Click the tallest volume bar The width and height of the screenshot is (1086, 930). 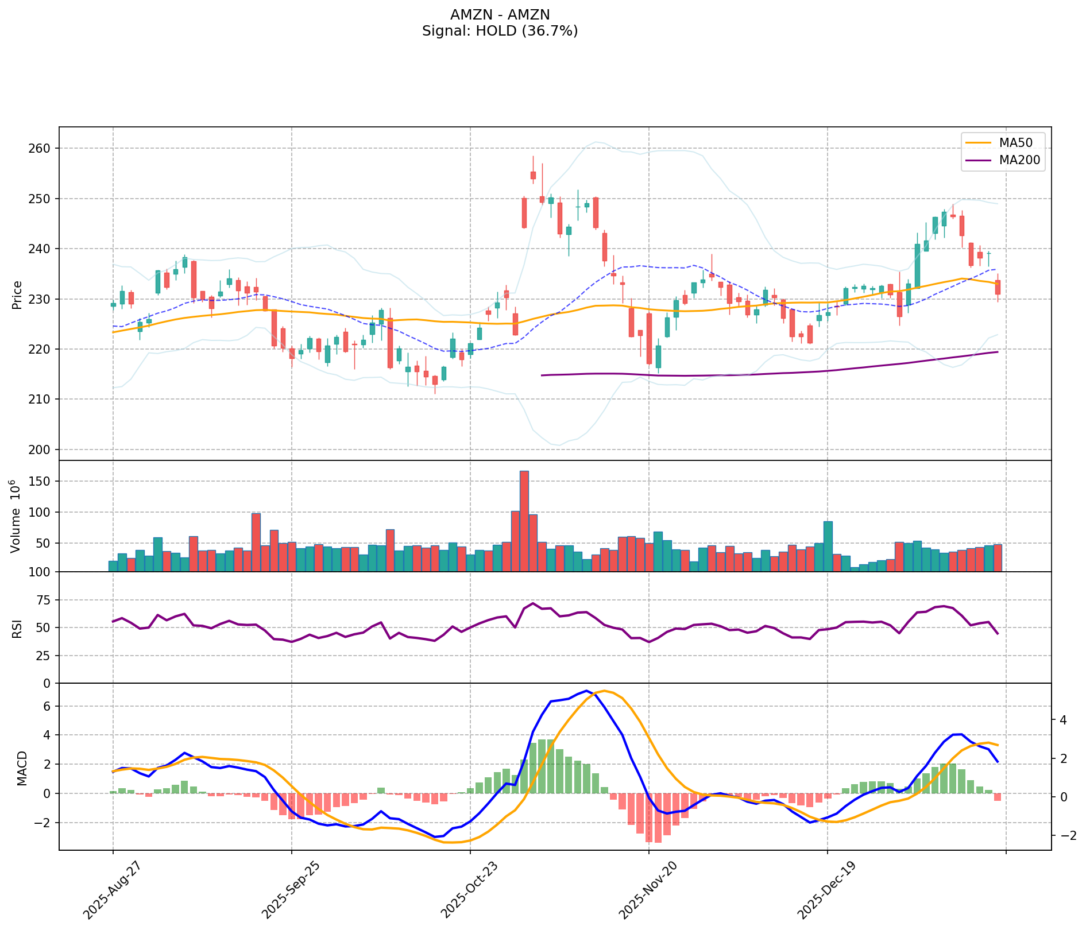[x=524, y=521]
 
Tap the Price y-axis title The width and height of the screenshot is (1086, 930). [x=17, y=294]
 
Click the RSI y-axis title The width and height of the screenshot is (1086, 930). [x=17, y=628]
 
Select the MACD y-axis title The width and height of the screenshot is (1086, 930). [x=22, y=768]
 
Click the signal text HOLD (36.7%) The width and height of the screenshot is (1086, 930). [x=500, y=31]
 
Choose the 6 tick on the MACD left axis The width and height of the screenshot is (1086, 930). [x=48, y=706]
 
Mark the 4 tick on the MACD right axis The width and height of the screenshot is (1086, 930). [x=1063, y=720]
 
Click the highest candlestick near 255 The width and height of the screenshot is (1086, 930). [x=533, y=175]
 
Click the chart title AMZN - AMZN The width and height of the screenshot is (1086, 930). [x=500, y=15]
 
